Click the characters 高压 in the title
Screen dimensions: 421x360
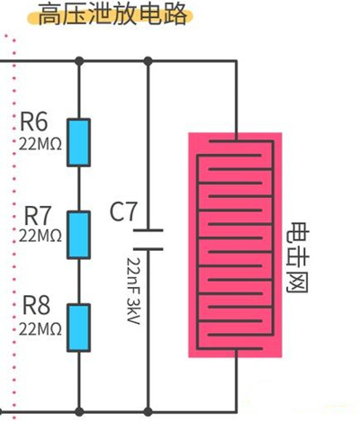(x=60, y=16)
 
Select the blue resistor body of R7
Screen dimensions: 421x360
(x=80, y=235)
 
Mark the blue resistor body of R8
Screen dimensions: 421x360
(x=80, y=326)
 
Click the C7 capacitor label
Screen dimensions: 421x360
(x=123, y=213)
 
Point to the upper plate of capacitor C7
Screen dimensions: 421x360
(x=148, y=228)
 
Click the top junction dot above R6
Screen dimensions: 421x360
(x=80, y=60)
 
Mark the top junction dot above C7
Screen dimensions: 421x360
(x=148, y=60)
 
